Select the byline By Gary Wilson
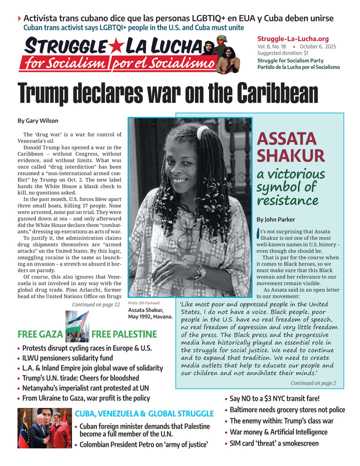(37, 120)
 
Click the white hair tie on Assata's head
(202, 132)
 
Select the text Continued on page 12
(95, 304)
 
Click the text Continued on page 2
(313, 383)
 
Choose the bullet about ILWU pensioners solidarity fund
(67, 358)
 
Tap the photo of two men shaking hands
(44, 428)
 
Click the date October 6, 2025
(318, 46)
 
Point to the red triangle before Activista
(19, 19)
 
